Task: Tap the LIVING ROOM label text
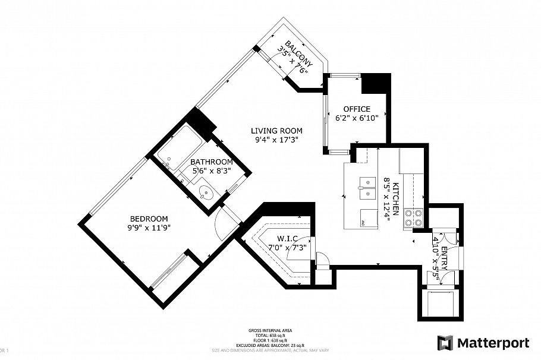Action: click(x=276, y=131)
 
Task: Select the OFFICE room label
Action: click(x=357, y=109)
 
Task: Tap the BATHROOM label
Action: click(x=211, y=162)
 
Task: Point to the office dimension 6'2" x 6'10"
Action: click(x=357, y=118)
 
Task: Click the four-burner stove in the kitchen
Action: click(x=413, y=217)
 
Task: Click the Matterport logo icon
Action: click(x=445, y=343)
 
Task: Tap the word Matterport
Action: click(x=493, y=343)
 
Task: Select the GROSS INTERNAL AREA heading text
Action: click(x=270, y=330)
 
